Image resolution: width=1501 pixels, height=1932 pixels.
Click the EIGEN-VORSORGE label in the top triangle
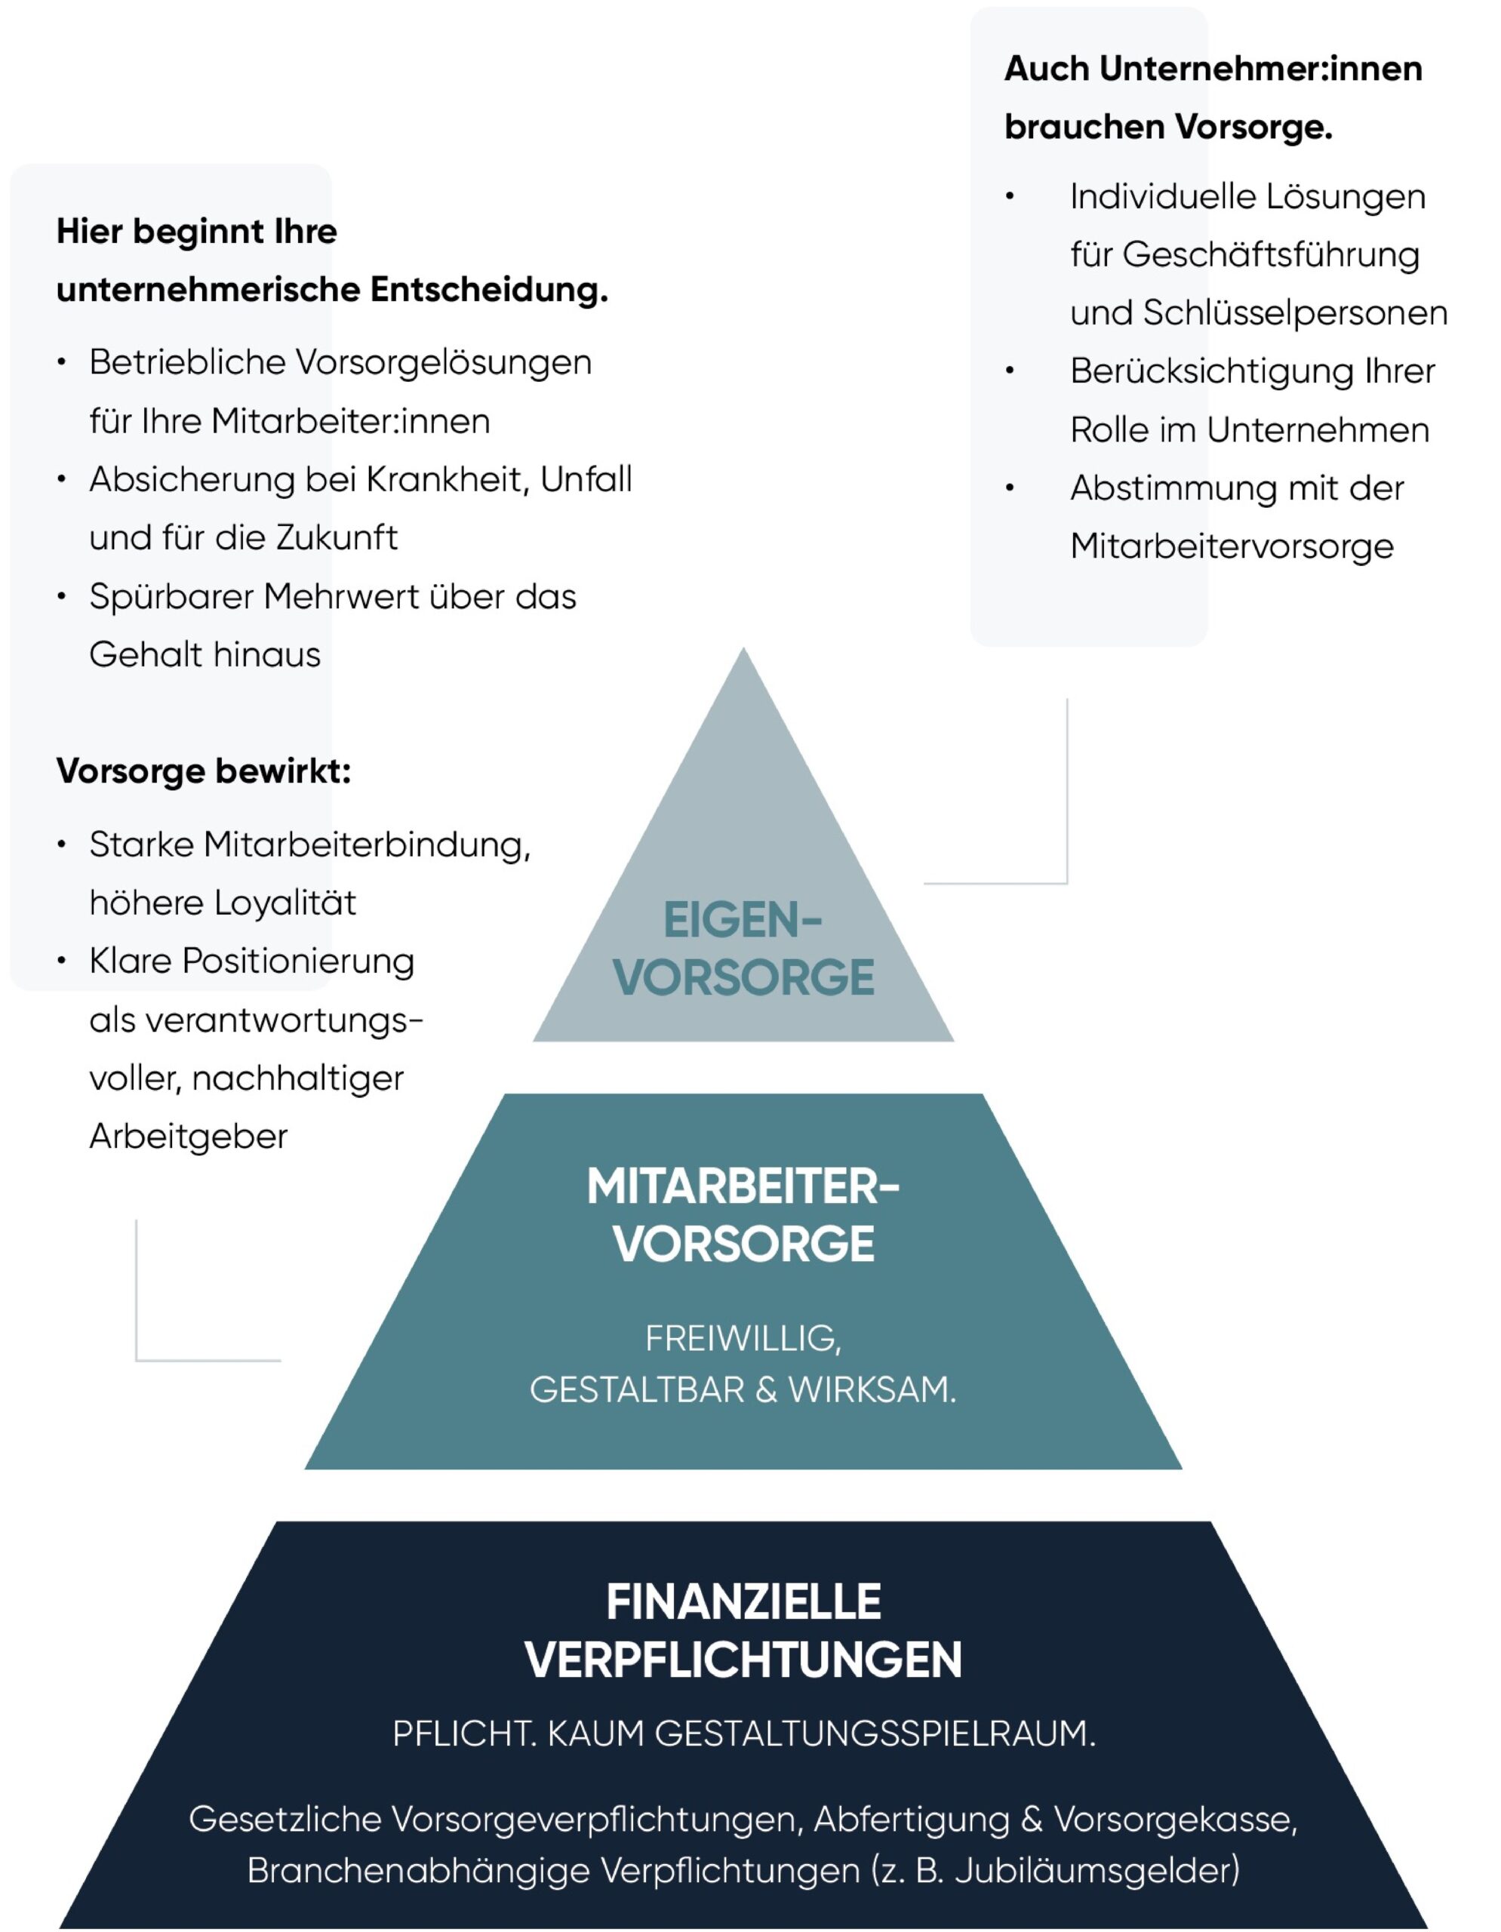(x=743, y=949)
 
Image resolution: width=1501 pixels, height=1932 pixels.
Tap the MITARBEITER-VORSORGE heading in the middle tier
(x=743, y=1214)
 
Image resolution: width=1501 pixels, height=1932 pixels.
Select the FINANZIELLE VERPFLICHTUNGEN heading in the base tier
(x=743, y=1630)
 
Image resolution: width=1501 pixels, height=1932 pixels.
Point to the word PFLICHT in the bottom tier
(x=463, y=1734)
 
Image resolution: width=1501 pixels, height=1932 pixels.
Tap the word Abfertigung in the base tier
(x=911, y=1819)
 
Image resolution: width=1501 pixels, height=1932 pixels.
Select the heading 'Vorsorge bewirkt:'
(x=204, y=771)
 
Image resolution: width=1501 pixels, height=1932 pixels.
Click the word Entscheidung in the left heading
(x=488, y=290)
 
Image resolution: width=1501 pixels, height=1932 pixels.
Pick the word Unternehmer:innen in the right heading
(x=1260, y=69)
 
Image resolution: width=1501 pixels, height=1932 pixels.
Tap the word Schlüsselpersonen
(x=1295, y=313)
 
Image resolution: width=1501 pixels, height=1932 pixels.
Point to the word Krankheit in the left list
(x=447, y=479)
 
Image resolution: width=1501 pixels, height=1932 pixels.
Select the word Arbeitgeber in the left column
(x=189, y=1137)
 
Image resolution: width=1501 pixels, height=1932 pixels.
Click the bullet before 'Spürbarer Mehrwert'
(x=61, y=597)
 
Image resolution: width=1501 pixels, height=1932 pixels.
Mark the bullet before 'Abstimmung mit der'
(x=1009, y=488)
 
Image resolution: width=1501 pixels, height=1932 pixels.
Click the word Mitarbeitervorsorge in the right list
(x=1232, y=546)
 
